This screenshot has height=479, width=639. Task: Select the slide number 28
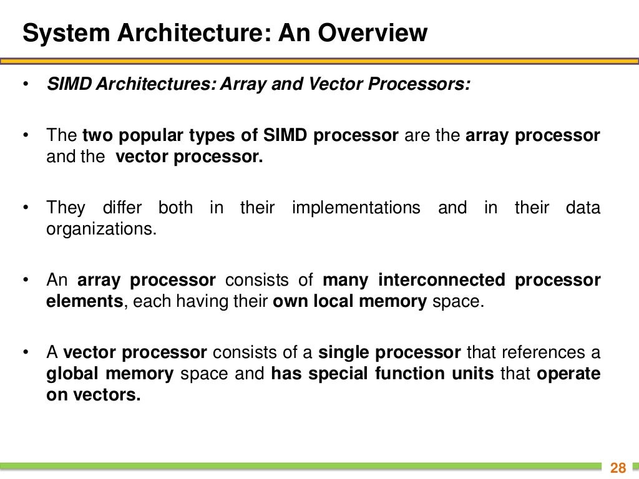618,468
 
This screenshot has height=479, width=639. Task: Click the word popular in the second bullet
155,135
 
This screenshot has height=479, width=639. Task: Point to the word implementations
356,208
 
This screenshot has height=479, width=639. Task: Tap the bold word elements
84,301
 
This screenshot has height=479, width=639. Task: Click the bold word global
72,374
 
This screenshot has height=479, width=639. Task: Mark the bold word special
339,374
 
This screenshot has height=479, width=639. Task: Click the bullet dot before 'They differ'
26,208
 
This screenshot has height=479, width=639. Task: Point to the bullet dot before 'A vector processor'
26,352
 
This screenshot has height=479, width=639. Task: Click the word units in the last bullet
475,374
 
